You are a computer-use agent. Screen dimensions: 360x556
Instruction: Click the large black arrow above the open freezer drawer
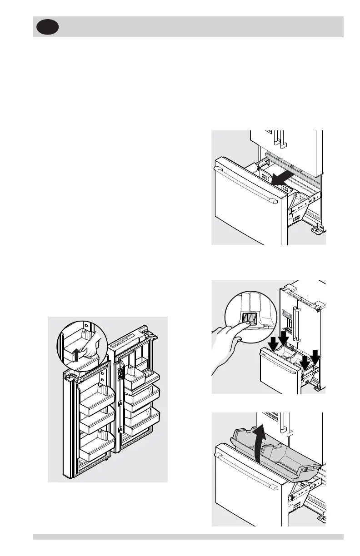(283, 177)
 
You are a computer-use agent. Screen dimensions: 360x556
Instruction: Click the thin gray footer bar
(188, 537)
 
